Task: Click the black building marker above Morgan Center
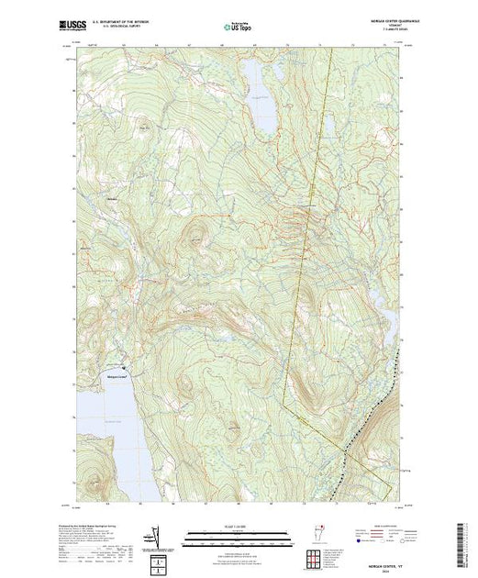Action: [x=113, y=364]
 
